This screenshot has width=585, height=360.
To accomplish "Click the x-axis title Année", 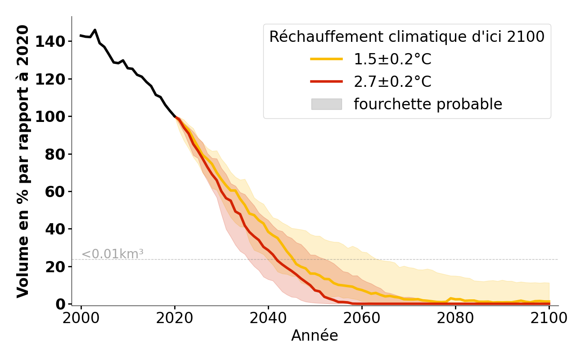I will coord(315,336).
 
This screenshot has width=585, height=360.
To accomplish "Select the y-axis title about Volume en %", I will coord(23,161).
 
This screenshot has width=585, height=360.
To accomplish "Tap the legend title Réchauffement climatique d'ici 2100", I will coord(407,37).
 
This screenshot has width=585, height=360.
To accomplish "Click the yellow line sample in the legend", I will coord(327,59).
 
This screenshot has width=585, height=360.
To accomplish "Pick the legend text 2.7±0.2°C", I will coord(392,81).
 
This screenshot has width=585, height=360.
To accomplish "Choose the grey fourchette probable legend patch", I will coord(327,104).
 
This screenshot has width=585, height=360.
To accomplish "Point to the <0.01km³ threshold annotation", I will coord(112,254).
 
